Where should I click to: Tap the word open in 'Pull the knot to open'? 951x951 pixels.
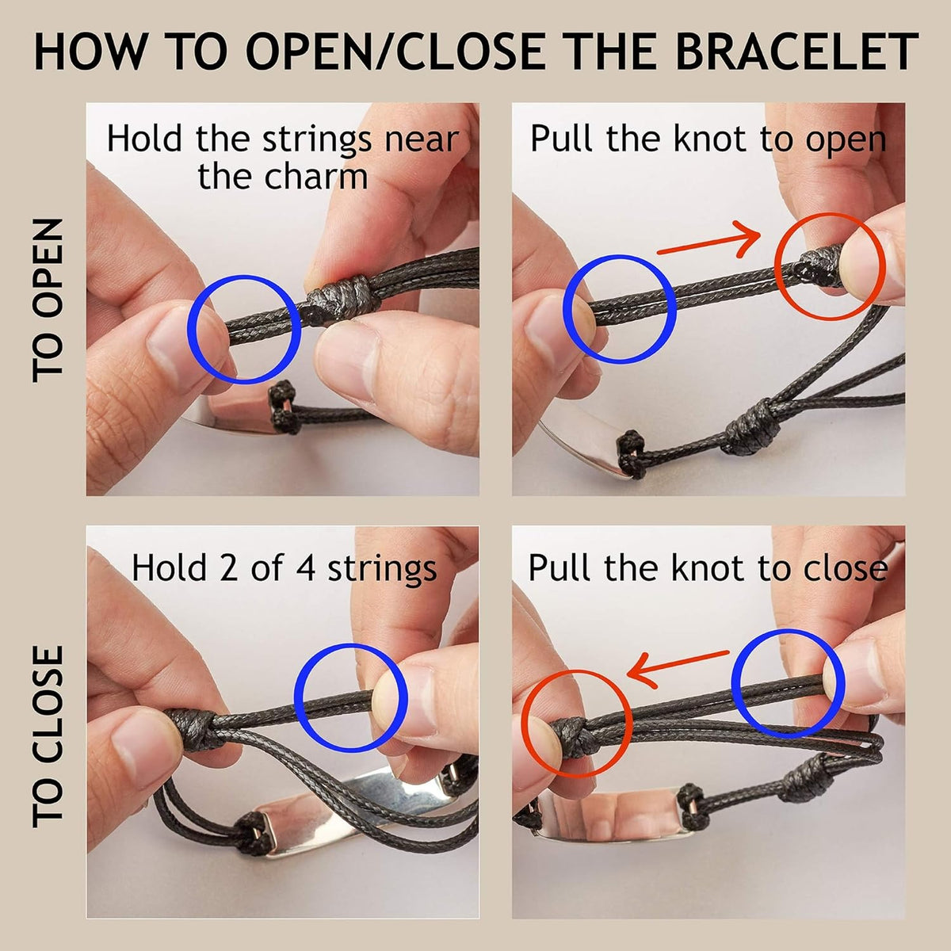click(x=846, y=141)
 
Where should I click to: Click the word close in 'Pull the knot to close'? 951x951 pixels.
click(x=845, y=568)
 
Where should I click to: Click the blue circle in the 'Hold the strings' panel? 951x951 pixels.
click(x=244, y=329)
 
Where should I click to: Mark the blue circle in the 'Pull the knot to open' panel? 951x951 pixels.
click(x=620, y=309)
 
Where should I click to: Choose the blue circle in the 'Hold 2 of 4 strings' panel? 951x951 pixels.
click(x=350, y=698)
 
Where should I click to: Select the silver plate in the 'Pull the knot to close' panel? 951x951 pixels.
click(x=610, y=816)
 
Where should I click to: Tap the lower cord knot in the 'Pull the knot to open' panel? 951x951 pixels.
click(x=749, y=428)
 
